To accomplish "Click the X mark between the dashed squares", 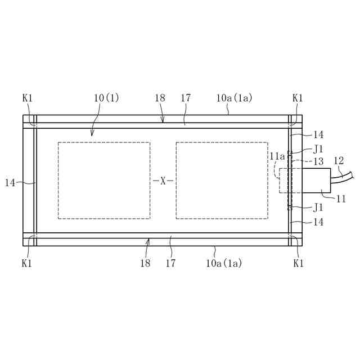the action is tap(163, 181).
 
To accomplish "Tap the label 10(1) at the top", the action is tap(106, 98).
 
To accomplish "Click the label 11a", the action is tap(277, 156).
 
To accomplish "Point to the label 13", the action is tap(318, 161).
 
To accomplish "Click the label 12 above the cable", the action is tap(339, 161).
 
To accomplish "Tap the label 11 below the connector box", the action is tap(341, 199).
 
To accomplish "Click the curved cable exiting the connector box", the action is tap(342, 178).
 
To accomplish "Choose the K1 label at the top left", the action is tap(28, 98).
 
